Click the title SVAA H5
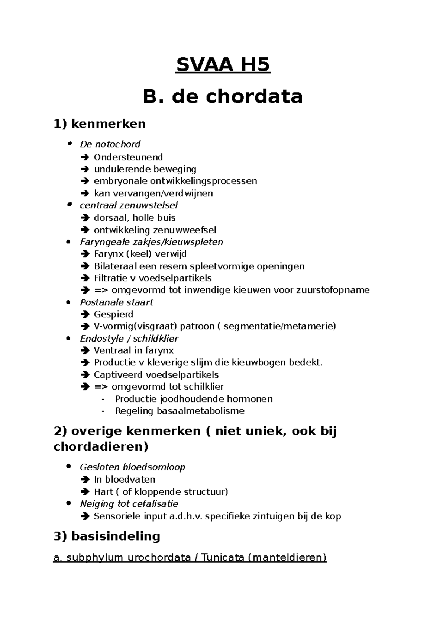223,65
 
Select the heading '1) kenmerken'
100,124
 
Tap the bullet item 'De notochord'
110,144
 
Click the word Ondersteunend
128,157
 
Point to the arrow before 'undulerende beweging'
85,169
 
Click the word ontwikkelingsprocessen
203,181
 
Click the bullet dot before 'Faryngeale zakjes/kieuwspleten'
68,242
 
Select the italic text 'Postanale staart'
116,302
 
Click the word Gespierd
113,314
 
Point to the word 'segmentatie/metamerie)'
279,326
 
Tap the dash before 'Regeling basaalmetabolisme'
103,411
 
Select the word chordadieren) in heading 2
101,446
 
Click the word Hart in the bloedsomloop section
102,492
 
